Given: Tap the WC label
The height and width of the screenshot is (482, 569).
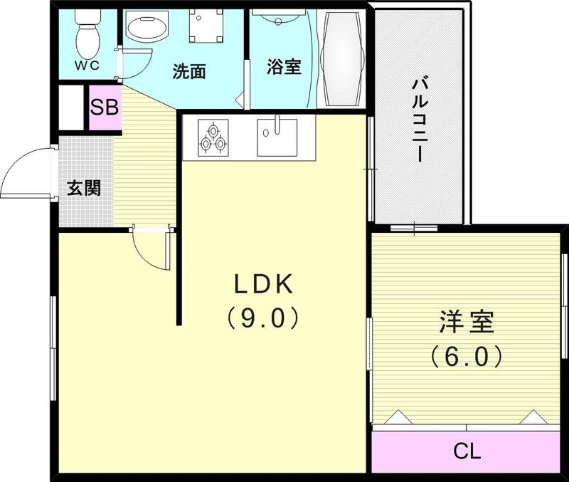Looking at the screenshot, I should pos(87,66).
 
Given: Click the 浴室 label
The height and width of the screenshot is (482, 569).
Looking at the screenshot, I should pos(284,67).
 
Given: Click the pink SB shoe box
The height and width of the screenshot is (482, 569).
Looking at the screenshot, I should pos(105,108).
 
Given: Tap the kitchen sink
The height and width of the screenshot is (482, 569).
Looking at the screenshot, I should pos(277,136).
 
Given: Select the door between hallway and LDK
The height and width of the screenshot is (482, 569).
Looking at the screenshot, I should pos(151,249).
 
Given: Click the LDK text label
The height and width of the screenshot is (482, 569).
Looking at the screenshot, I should pos(263,285).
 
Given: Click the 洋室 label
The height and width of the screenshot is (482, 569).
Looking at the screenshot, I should pos(466,322).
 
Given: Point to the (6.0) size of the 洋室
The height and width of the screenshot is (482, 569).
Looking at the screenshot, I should pos(466,355).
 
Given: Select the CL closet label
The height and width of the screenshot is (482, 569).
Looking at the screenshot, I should pos(467,451).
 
